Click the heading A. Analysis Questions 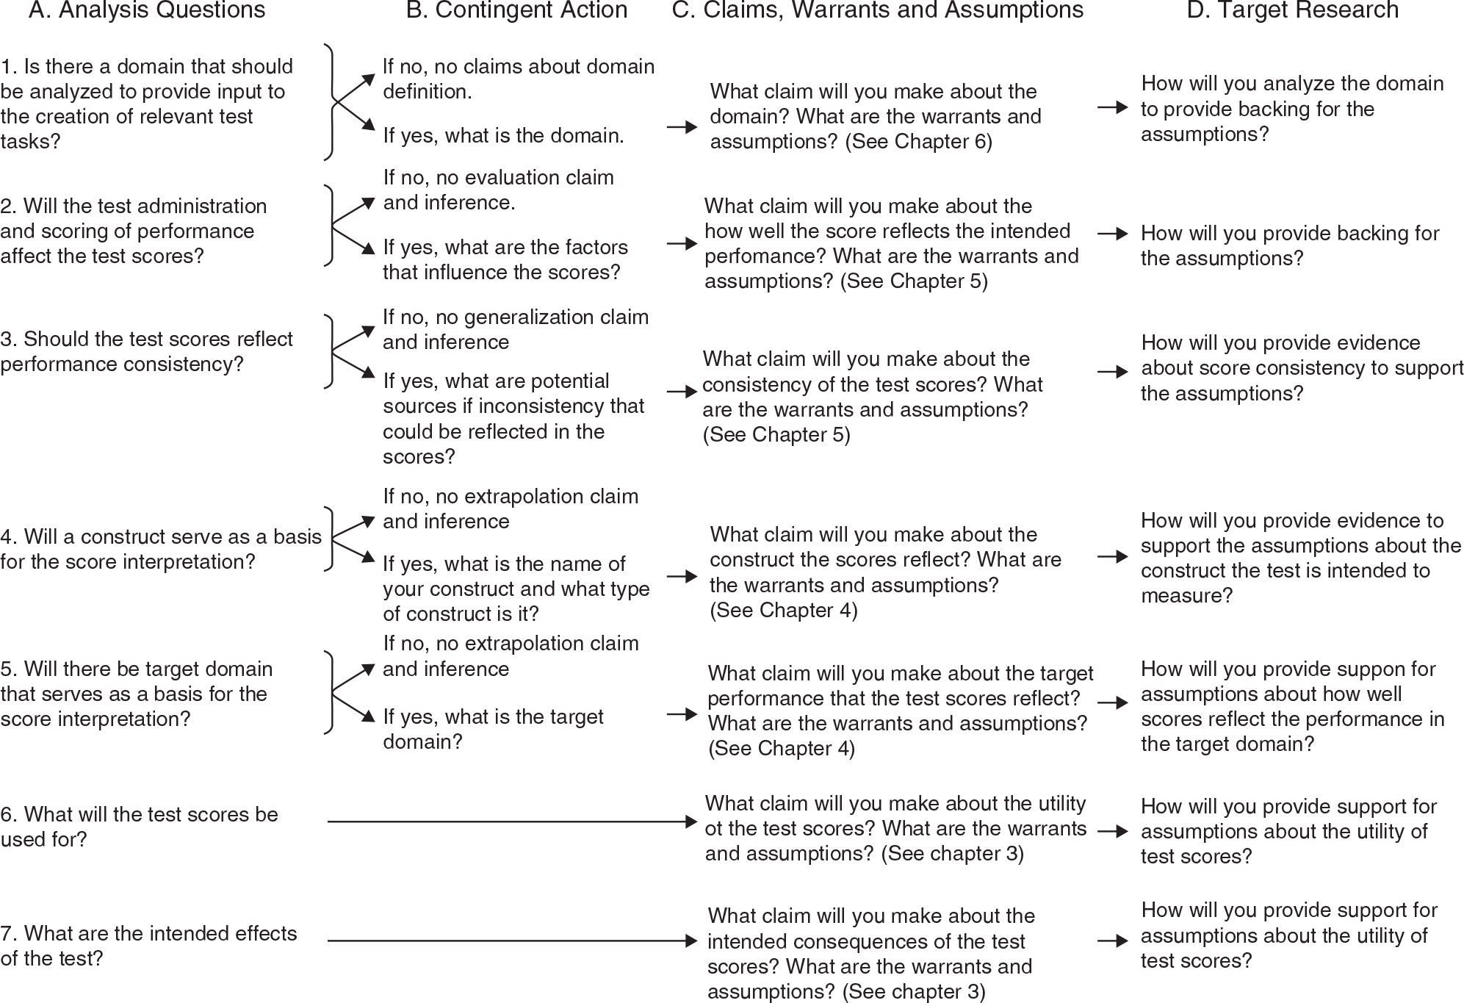pyautogui.click(x=147, y=10)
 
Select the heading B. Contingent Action pyautogui.click(x=516, y=10)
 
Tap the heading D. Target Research pyautogui.click(x=1292, y=10)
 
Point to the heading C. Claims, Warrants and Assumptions pyautogui.click(x=878, y=10)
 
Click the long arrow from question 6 pyautogui.click(x=511, y=822)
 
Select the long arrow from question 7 pyautogui.click(x=511, y=941)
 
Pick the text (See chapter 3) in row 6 pyautogui.click(x=952, y=854)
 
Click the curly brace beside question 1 pyautogui.click(x=331, y=102)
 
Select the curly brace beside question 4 pyautogui.click(x=331, y=539)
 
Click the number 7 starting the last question pyautogui.click(x=7, y=934)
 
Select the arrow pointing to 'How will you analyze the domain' pyautogui.click(x=1112, y=107)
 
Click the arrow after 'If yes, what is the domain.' pyautogui.click(x=682, y=127)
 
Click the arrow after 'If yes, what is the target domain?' pyautogui.click(x=682, y=713)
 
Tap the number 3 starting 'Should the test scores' pyautogui.click(x=7, y=339)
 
